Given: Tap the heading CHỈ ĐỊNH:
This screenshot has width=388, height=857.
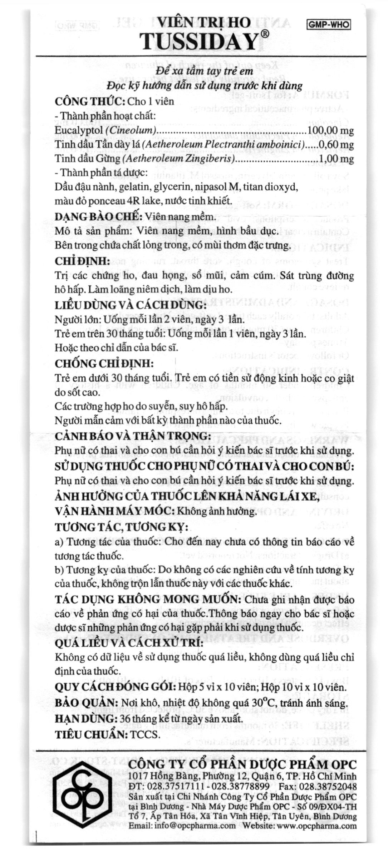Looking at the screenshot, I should pyautogui.click(x=82, y=261).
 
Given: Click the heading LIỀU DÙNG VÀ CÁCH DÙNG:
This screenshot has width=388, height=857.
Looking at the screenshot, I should pyautogui.click(x=131, y=305).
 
